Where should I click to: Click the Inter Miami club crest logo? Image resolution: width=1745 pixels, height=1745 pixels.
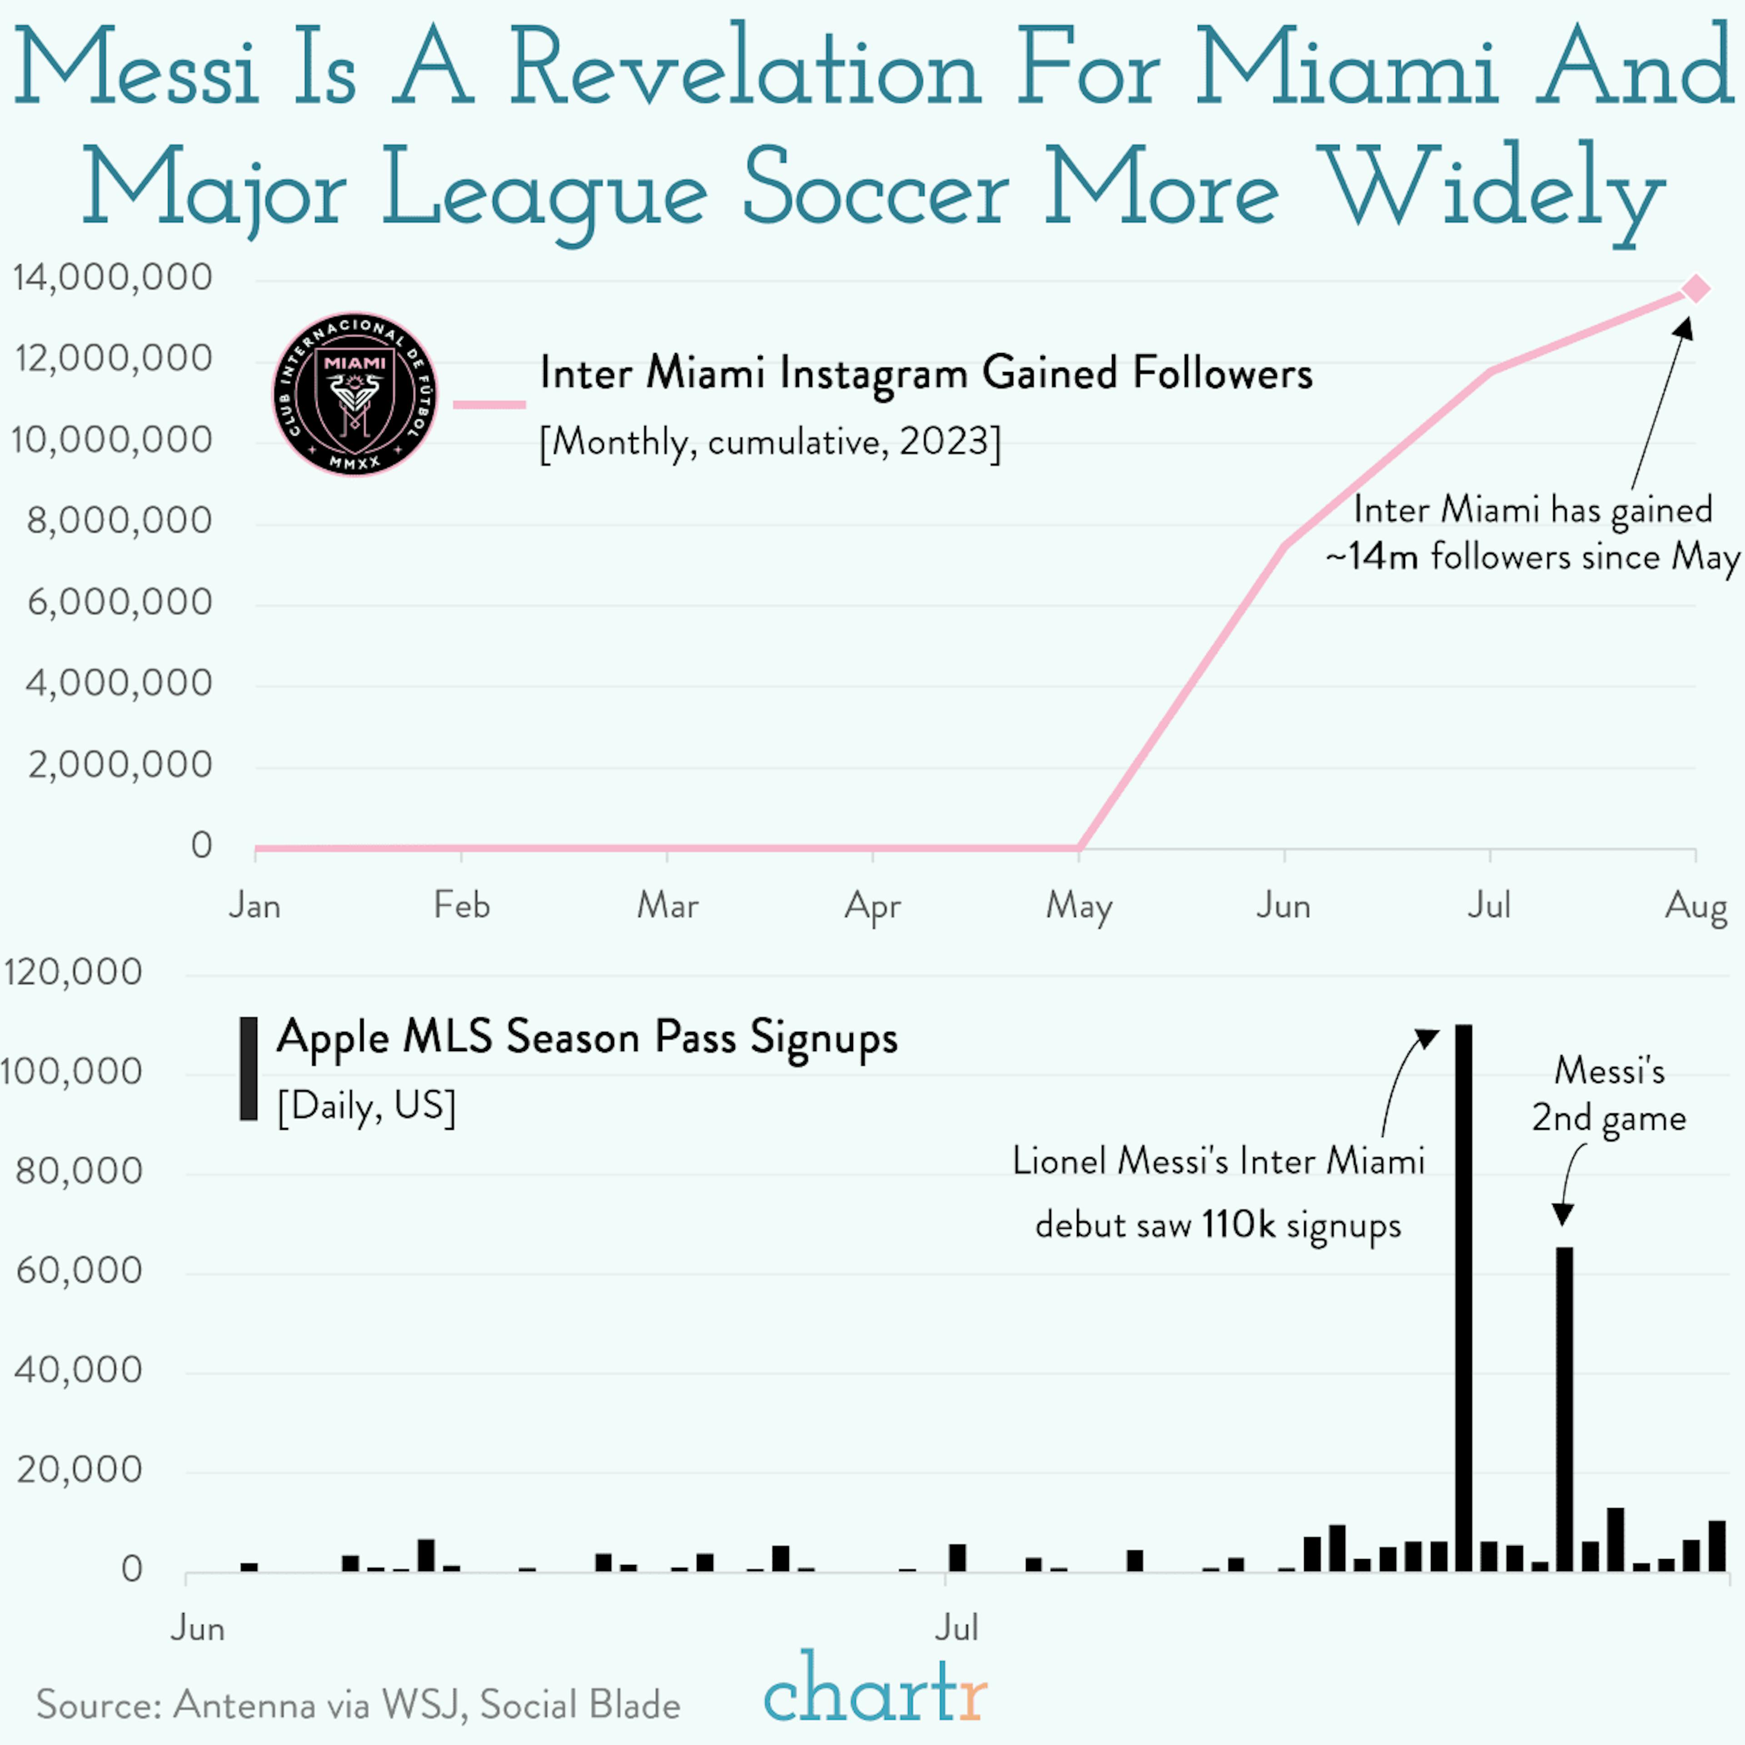[x=355, y=395]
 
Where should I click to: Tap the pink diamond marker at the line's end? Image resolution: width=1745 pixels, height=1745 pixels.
[x=1696, y=289]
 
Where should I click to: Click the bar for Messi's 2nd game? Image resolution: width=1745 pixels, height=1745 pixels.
[x=1564, y=1409]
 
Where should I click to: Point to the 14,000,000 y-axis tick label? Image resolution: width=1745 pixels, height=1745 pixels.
[x=113, y=277]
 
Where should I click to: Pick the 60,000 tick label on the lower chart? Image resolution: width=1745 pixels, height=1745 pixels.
[x=80, y=1271]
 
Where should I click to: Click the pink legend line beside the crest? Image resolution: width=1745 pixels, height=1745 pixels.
[x=489, y=404]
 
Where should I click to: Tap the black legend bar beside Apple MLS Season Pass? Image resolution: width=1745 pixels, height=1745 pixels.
[x=249, y=1068]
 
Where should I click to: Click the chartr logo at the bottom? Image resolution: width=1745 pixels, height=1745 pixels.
[x=874, y=1689]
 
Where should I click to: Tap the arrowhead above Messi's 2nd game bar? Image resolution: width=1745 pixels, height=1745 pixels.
[x=1563, y=1215]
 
